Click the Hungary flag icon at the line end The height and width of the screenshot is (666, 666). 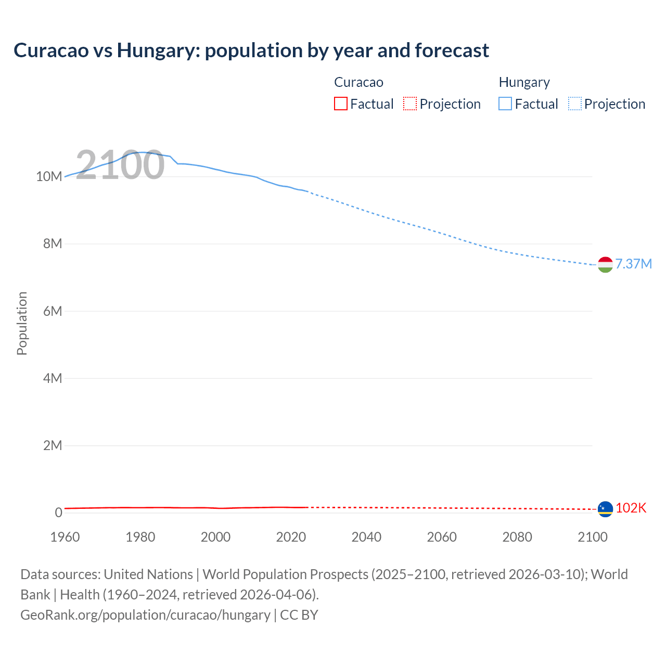tap(605, 264)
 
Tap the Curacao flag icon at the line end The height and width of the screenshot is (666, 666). tap(605, 509)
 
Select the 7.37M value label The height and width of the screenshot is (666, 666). tap(633, 264)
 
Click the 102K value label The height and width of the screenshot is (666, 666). tap(631, 508)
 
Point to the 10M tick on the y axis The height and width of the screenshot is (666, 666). tap(49, 176)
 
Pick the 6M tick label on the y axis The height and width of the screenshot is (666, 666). tap(53, 311)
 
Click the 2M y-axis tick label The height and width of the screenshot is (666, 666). tap(53, 445)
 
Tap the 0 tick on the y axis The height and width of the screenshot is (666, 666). tap(58, 513)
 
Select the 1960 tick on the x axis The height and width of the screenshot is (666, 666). tap(65, 537)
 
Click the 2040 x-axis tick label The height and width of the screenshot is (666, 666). tap(366, 537)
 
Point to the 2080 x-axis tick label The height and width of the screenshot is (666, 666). tap(517, 537)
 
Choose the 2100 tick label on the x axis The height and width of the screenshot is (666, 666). tap(593, 537)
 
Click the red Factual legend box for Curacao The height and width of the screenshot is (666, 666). tap(340, 104)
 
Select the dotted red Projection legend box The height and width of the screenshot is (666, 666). tap(410, 104)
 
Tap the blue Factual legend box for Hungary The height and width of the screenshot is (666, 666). tap(505, 104)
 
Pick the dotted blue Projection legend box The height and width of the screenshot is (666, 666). tap(575, 104)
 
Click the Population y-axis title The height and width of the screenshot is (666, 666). tap(22, 323)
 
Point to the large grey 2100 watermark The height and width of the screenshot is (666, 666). tap(120, 165)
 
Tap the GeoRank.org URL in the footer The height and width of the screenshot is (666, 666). tap(145, 614)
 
